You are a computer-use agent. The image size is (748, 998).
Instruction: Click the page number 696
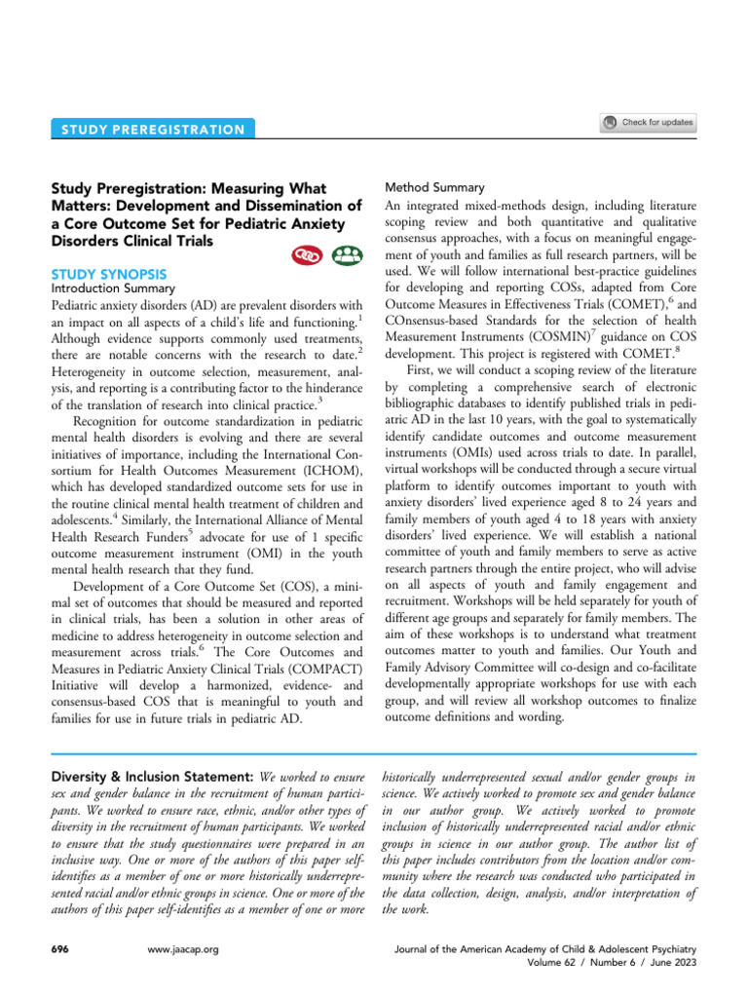[58, 948]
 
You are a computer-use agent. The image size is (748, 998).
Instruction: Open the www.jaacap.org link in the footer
[181, 948]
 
